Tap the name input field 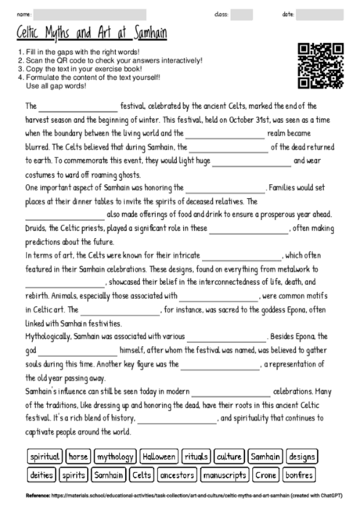[90, 15]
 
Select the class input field [241, 15]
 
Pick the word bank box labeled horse [77, 456]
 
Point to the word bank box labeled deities [41, 475]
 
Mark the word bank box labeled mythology [114, 456]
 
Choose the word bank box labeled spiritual [45, 456]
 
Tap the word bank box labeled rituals [196, 456]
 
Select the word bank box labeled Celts [142, 475]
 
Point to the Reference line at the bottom [180, 496]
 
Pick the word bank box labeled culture [229, 456]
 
